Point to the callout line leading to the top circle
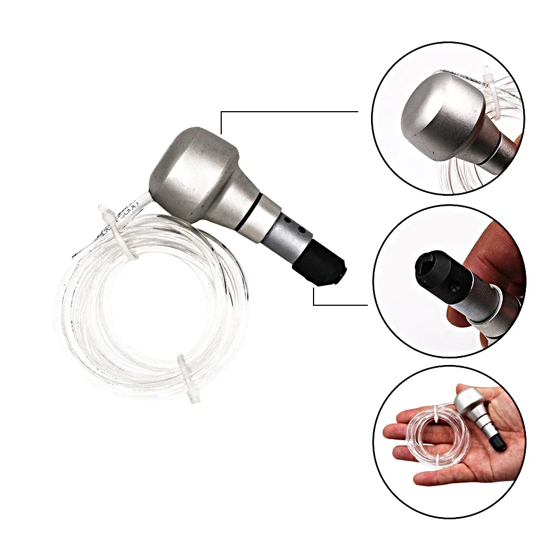click(x=288, y=112)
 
